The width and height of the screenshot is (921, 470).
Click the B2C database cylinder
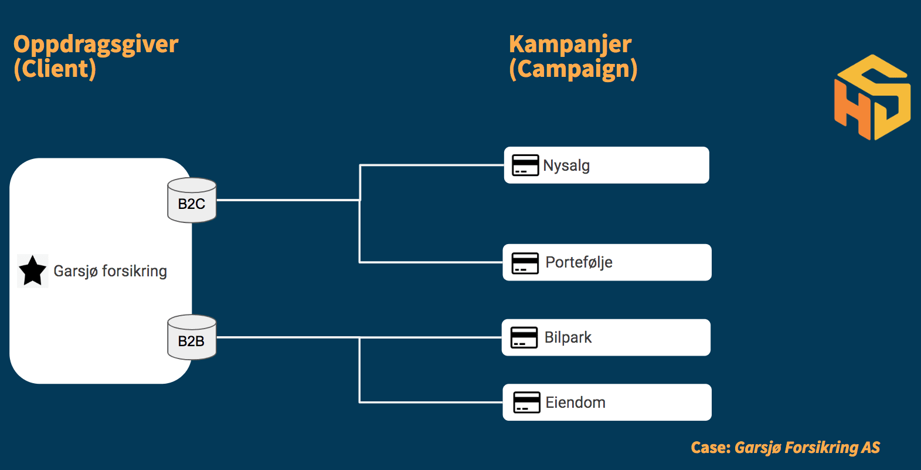pos(192,201)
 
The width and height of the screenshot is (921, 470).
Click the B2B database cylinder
pos(192,337)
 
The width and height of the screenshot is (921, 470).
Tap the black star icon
pos(32,271)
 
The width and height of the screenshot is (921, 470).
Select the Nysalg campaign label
pos(566,166)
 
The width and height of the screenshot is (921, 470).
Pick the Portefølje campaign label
pos(579,262)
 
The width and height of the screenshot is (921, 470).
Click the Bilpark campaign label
pos(568,337)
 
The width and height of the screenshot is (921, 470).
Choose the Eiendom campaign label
pos(575,403)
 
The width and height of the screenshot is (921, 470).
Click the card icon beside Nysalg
pos(525,165)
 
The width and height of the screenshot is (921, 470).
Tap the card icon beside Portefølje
pos(525,263)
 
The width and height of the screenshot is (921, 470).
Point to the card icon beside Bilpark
pos(524,337)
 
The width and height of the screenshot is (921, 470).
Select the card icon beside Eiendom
pos(526,402)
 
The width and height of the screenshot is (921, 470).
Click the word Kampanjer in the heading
pos(570,45)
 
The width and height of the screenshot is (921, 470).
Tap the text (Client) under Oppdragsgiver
pos(55,69)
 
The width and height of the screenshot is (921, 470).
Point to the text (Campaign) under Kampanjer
pos(573,69)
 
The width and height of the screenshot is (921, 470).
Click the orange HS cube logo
pos(872,97)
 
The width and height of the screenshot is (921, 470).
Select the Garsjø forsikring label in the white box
pos(110,271)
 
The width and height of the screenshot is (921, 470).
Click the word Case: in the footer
pos(711,447)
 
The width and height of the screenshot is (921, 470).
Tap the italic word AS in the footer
pos(871,447)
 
